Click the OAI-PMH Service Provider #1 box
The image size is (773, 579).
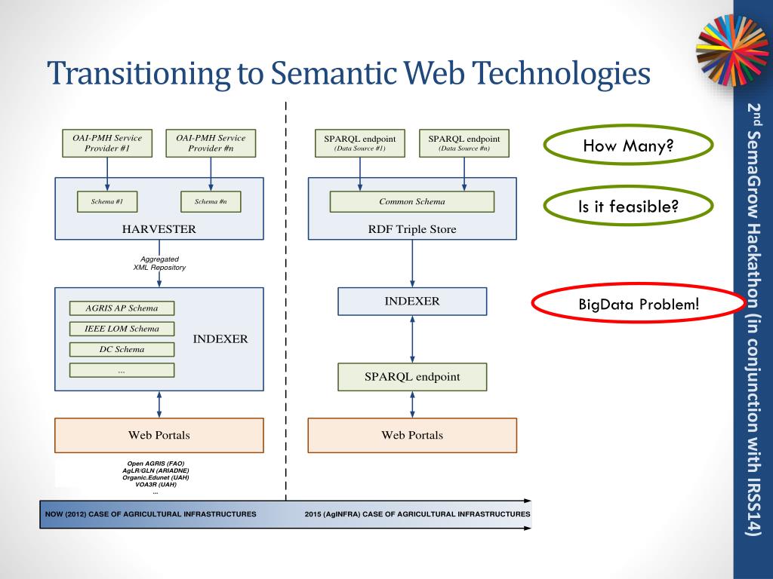click(107, 143)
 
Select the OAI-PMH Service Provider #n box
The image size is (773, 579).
click(211, 143)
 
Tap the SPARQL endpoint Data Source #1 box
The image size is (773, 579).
click(359, 143)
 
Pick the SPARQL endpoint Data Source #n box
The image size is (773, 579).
click(463, 143)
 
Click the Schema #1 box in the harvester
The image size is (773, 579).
click(107, 202)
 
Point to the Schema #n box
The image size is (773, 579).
click(211, 202)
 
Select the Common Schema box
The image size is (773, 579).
click(411, 202)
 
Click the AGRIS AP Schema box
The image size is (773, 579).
click(122, 308)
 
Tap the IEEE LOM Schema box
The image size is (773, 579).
click(122, 329)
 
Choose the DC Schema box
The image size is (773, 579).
click(122, 349)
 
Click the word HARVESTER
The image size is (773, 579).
click(159, 229)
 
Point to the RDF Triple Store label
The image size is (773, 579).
click(411, 229)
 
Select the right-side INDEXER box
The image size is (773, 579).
click(411, 302)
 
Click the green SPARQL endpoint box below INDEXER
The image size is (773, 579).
click(411, 377)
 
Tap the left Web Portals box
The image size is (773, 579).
click(159, 435)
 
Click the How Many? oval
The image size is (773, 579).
click(627, 146)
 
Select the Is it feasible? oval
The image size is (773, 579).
click(627, 206)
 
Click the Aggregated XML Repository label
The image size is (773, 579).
click(159, 263)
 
